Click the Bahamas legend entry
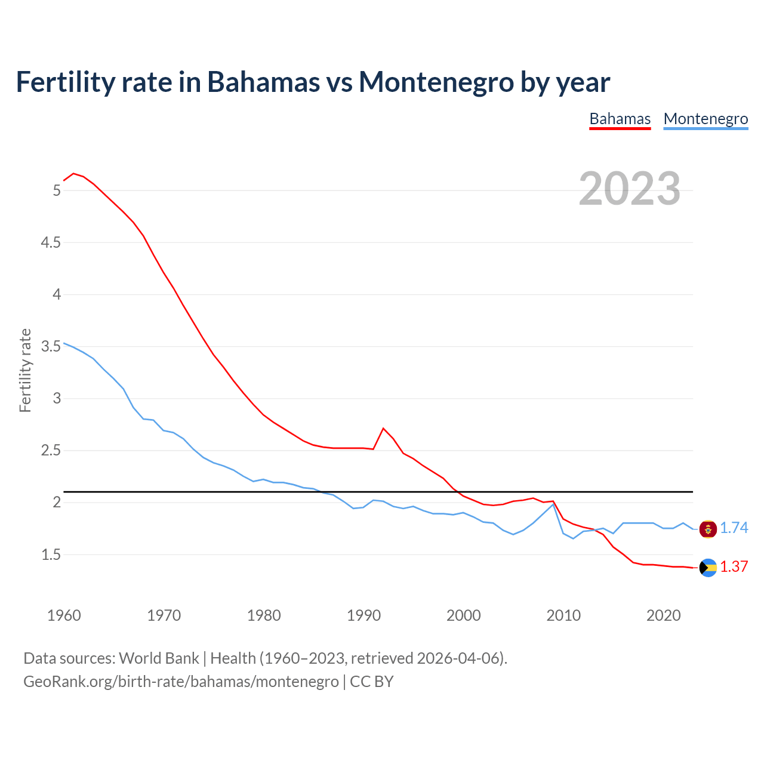pyautogui.click(x=620, y=119)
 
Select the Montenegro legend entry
pyautogui.click(x=706, y=119)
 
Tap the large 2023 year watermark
pyautogui.click(x=629, y=189)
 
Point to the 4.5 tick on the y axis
pyautogui.click(x=50, y=242)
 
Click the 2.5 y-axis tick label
pyautogui.click(x=50, y=451)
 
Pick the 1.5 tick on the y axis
pyautogui.click(x=50, y=554)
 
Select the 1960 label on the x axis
pyautogui.click(x=64, y=615)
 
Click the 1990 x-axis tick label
pyautogui.click(x=363, y=615)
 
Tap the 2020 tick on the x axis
pyautogui.click(x=663, y=615)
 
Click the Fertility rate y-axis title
pyautogui.click(x=25, y=370)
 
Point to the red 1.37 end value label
pyautogui.click(x=734, y=567)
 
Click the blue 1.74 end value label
pyautogui.click(x=734, y=528)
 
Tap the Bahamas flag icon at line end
pyautogui.click(x=708, y=568)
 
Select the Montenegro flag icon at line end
pyautogui.click(x=708, y=529)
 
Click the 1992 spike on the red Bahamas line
pyautogui.click(x=383, y=428)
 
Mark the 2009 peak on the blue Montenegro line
pyautogui.click(x=553, y=504)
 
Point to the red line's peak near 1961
pyautogui.click(x=73, y=174)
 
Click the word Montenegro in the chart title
pyautogui.click(x=436, y=82)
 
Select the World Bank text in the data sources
pyautogui.click(x=159, y=658)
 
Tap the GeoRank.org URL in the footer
pyautogui.click(x=181, y=682)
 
